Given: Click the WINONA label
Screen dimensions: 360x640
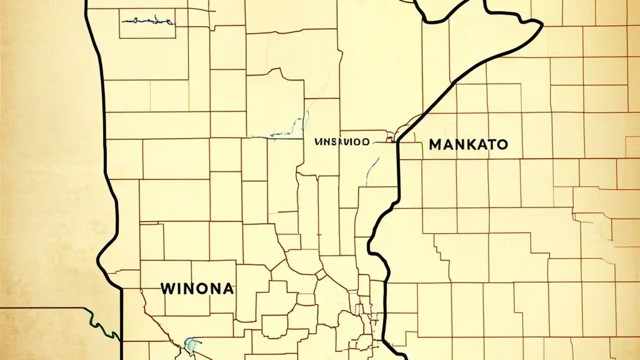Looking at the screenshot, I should click(x=196, y=288).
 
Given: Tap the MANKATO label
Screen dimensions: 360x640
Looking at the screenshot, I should click(x=468, y=145).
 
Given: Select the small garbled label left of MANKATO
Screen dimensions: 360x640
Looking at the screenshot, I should click(x=342, y=142).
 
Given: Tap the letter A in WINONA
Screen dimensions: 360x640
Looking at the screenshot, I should click(x=227, y=288).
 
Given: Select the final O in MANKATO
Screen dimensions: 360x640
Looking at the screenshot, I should click(x=502, y=145).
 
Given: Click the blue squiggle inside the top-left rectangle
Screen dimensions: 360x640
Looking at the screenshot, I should click(x=147, y=21).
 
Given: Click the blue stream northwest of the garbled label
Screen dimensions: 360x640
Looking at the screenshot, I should click(x=287, y=127).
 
